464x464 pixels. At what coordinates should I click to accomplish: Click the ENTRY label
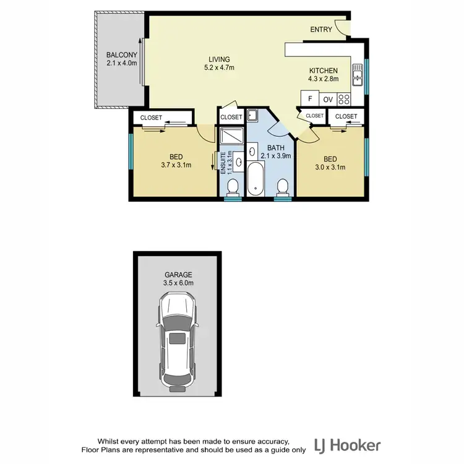point(321,29)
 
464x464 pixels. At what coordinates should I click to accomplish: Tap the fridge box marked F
point(309,99)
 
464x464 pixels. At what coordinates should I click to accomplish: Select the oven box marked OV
point(328,99)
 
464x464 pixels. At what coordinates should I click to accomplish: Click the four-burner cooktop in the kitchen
point(345,98)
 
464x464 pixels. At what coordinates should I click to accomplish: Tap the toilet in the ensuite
point(233,187)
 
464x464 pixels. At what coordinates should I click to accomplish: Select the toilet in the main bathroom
point(283,186)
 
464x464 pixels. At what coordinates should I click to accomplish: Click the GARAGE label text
point(178,274)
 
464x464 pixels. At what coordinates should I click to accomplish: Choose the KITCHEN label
point(323,71)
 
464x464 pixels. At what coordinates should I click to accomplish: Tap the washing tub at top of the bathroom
point(253,116)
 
